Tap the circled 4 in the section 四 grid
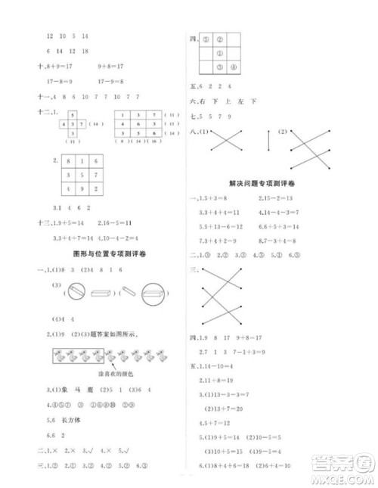pos(234,68)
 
